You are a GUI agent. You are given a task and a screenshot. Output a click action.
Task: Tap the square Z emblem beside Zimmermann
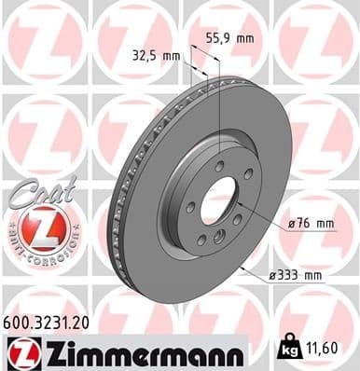click(21, 352)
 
